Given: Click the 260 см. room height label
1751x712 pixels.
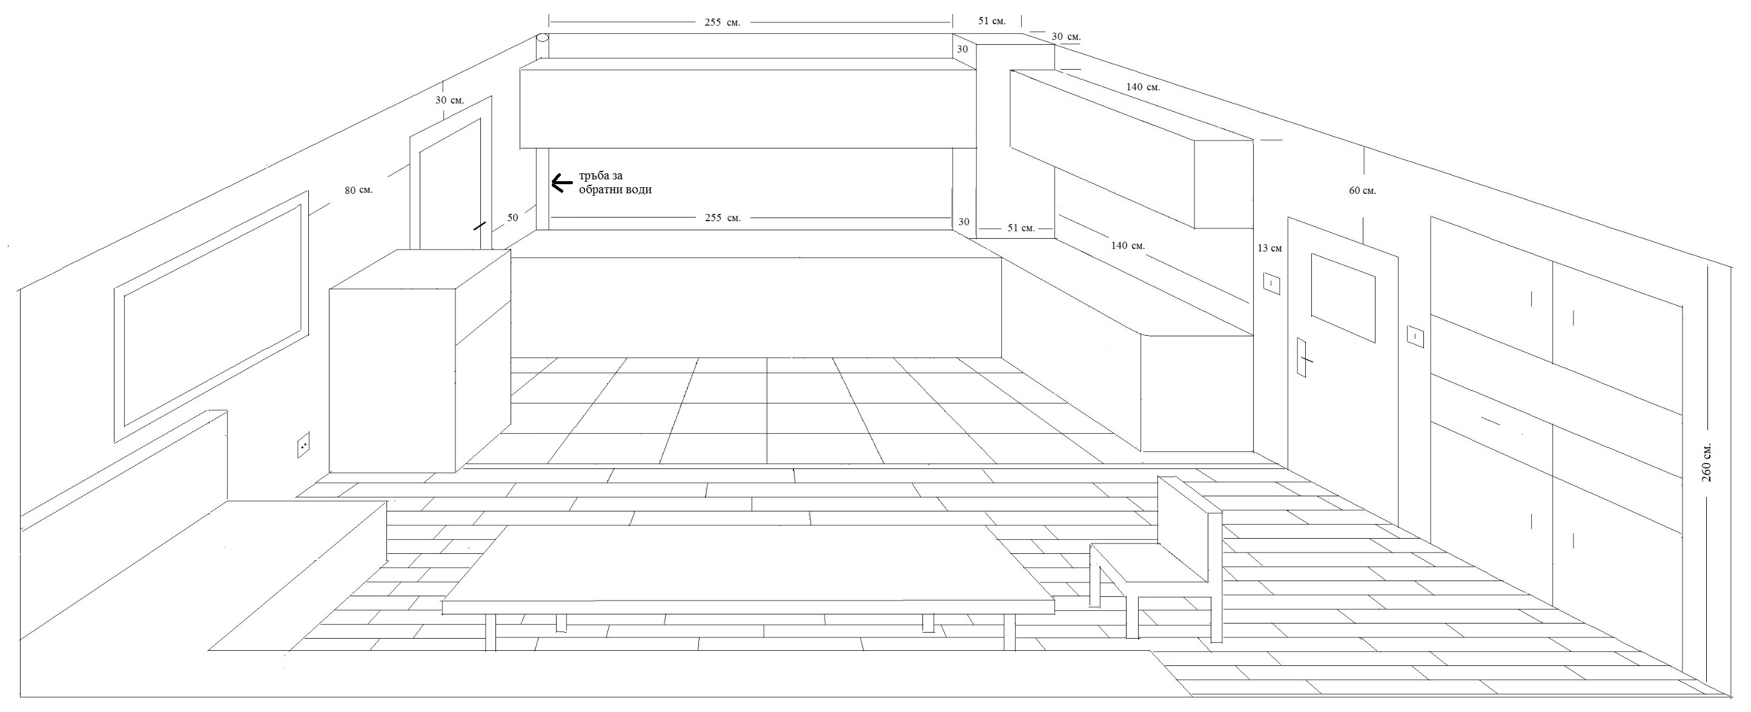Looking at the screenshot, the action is click(x=1706, y=462).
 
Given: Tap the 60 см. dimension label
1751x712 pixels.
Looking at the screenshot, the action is click(x=1362, y=191).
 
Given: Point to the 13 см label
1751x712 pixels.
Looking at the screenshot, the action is click(x=1269, y=248).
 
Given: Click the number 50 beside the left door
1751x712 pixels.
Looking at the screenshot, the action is click(x=512, y=218).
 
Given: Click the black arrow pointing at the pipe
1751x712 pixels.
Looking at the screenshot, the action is click(x=561, y=183).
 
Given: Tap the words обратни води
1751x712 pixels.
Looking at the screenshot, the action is click(x=615, y=190).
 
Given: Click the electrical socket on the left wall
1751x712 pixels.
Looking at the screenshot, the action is click(x=303, y=445).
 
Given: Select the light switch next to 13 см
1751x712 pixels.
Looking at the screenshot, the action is click(x=1271, y=282).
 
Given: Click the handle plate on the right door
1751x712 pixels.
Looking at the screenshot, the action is click(x=1302, y=357).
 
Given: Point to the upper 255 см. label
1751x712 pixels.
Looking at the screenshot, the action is click(x=722, y=22).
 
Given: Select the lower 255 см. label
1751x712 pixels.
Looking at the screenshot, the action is click(x=722, y=218).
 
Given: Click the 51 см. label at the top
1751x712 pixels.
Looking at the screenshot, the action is click(x=991, y=21).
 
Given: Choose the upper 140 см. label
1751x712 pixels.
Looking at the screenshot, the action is click(x=1143, y=87).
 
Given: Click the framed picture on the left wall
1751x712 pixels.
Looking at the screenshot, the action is click(x=211, y=316).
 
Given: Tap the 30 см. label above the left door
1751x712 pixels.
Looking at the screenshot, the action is click(x=449, y=100).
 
